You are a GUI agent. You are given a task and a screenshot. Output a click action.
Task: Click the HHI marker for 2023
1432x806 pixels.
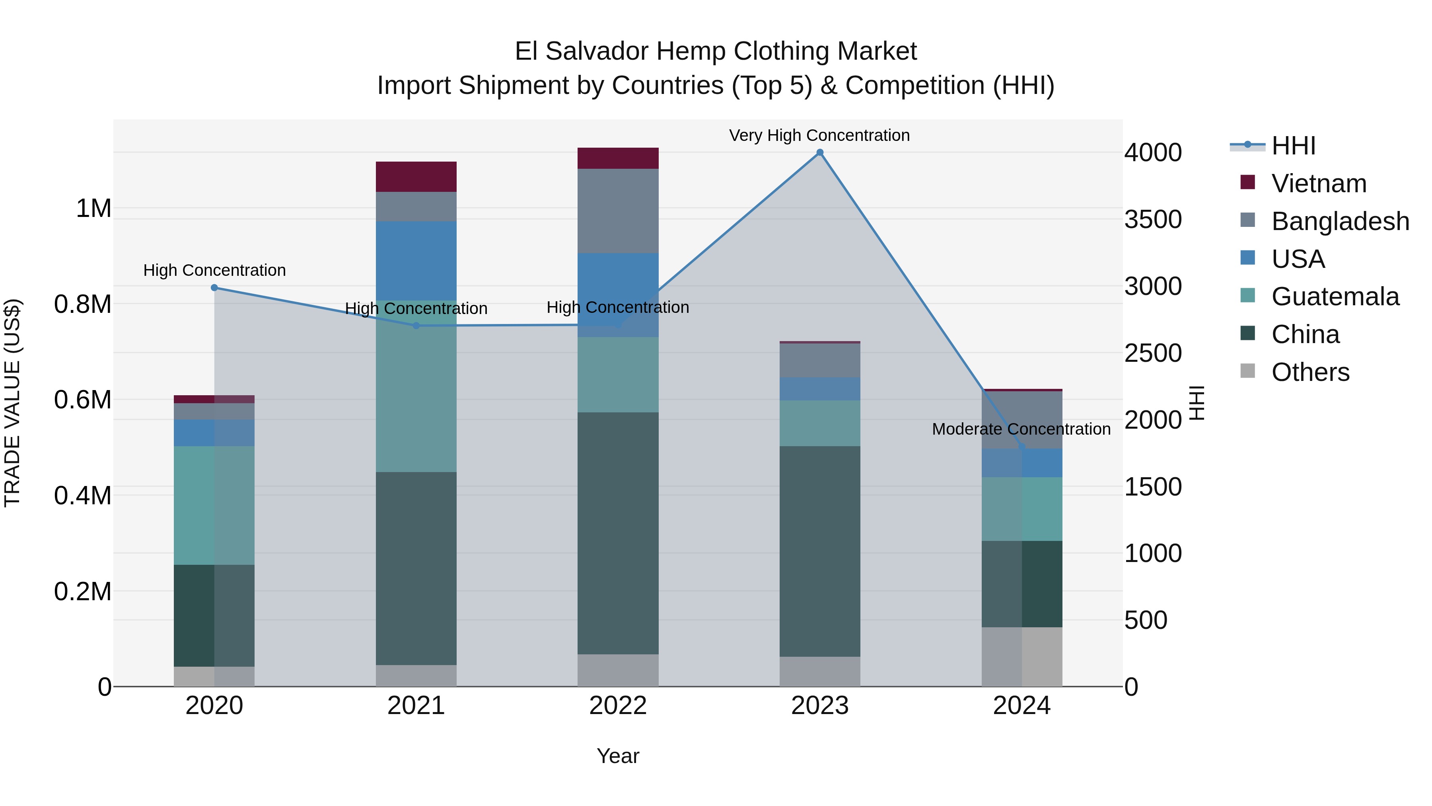pyautogui.click(x=819, y=152)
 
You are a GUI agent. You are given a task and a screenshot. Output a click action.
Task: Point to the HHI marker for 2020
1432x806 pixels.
pyautogui.click(x=214, y=288)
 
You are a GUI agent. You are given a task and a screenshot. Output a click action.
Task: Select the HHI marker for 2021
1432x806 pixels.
pyautogui.click(x=416, y=326)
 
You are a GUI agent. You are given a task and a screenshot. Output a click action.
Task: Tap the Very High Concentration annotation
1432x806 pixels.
pyautogui.click(x=819, y=136)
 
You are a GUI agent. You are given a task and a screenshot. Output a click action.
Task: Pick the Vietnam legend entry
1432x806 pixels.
pyautogui.click(x=1319, y=183)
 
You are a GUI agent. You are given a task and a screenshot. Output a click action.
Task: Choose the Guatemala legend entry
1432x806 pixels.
pyautogui.click(x=1335, y=297)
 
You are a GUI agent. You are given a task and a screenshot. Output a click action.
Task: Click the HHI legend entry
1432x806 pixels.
pyautogui.click(x=1293, y=146)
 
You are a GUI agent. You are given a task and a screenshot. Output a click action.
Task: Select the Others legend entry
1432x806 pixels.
pyautogui.click(x=1310, y=372)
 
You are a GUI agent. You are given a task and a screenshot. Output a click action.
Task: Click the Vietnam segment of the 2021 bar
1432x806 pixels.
pyautogui.click(x=416, y=177)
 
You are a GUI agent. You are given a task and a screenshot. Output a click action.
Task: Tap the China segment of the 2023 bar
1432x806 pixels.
pyautogui.click(x=819, y=551)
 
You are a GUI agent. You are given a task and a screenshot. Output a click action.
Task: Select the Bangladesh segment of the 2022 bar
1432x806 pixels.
pyautogui.click(x=618, y=211)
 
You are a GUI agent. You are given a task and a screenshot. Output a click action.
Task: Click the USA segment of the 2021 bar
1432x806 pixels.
pyautogui.click(x=416, y=261)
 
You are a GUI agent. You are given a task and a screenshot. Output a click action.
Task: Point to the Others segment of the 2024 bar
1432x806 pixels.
pyautogui.click(x=1022, y=657)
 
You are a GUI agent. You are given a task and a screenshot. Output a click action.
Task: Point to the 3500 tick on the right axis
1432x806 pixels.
pyautogui.click(x=1153, y=220)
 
